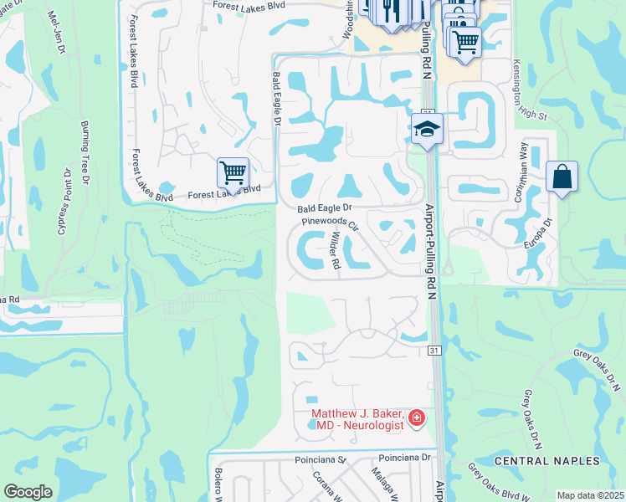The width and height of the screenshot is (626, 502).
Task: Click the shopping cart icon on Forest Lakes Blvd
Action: pyautogui.click(x=233, y=172)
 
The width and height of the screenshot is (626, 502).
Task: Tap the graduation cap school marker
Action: pyautogui.click(x=427, y=129)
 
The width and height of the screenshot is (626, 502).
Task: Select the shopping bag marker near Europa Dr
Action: pyautogui.click(x=562, y=177)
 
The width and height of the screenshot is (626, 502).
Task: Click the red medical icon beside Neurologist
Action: pyautogui.click(x=417, y=417)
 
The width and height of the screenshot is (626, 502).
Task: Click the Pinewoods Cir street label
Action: pyautogui.click(x=331, y=223)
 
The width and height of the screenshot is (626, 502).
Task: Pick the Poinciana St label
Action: pyautogui.click(x=320, y=460)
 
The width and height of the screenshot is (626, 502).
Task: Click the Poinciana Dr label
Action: pyautogui.click(x=403, y=458)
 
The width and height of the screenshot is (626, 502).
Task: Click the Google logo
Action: pyautogui.click(x=28, y=492)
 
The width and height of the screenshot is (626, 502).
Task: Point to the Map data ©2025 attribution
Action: pyautogui.click(x=590, y=495)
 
